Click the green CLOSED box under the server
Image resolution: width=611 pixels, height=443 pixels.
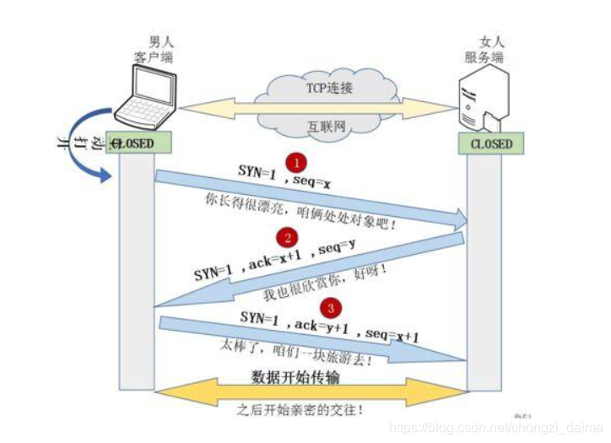[491, 144]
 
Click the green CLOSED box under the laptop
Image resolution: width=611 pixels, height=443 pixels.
[135, 144]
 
